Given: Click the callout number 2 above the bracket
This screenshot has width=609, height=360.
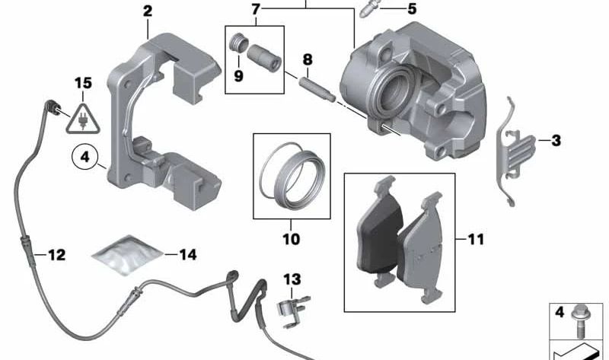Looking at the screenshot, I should click(147, 11).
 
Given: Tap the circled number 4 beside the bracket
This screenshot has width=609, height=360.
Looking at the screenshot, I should click(84, 158).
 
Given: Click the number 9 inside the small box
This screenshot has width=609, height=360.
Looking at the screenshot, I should click(240, 75).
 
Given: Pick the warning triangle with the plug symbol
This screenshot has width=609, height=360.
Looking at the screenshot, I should click(82, 118).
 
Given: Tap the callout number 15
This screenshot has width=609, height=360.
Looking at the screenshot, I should click(82, 81).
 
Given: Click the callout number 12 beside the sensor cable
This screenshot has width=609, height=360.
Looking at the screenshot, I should click(56, 255).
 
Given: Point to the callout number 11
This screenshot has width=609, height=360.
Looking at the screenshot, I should click(475, 240).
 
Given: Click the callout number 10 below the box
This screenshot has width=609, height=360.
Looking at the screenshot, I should click(291, 239).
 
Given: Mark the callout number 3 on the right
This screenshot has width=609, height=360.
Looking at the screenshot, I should click(556, 140).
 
